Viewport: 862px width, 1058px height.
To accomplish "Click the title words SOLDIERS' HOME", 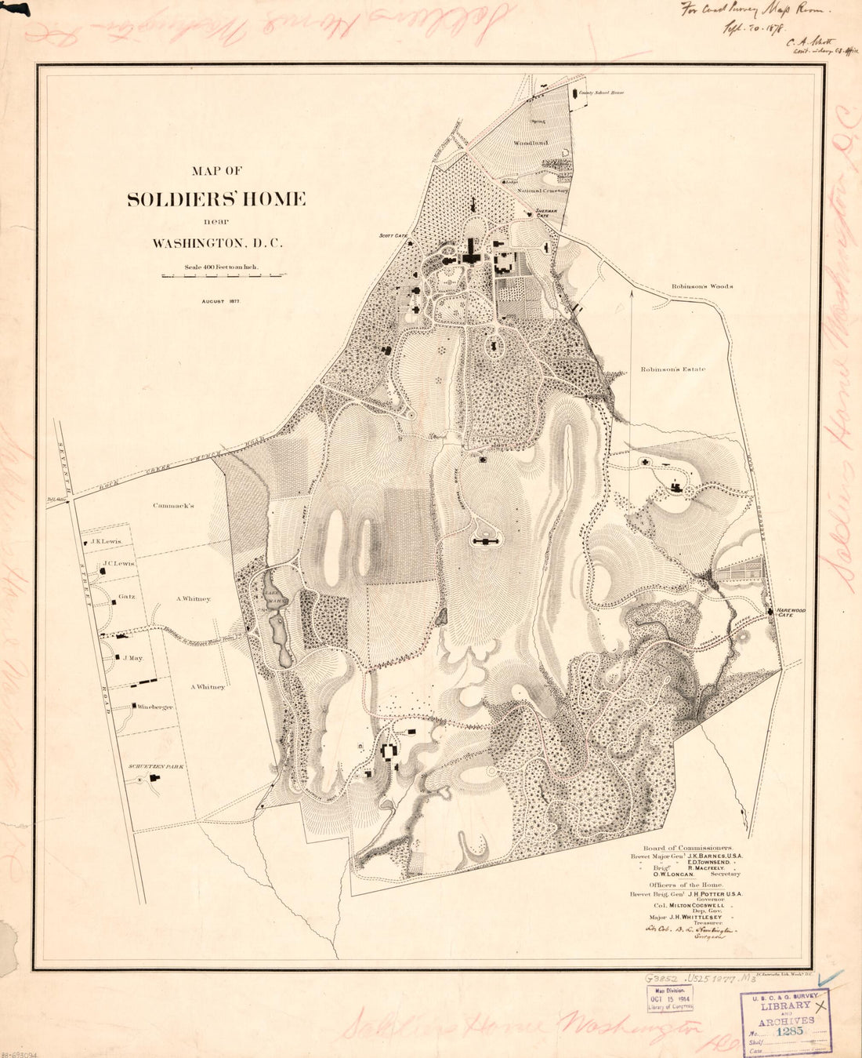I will point(216,199).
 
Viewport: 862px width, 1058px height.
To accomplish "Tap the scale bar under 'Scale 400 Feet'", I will point(223,276).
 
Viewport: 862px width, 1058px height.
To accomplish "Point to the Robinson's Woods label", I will point(701,287).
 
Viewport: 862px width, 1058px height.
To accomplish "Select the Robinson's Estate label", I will point(672,369).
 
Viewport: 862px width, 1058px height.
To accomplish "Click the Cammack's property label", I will point(173,506).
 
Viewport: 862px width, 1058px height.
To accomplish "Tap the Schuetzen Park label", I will point(156,765).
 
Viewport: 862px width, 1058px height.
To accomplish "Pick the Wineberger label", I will point(155,707).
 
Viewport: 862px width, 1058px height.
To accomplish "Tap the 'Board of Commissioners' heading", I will point(687,849).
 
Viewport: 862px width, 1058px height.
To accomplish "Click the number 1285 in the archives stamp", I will point(789,1031).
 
